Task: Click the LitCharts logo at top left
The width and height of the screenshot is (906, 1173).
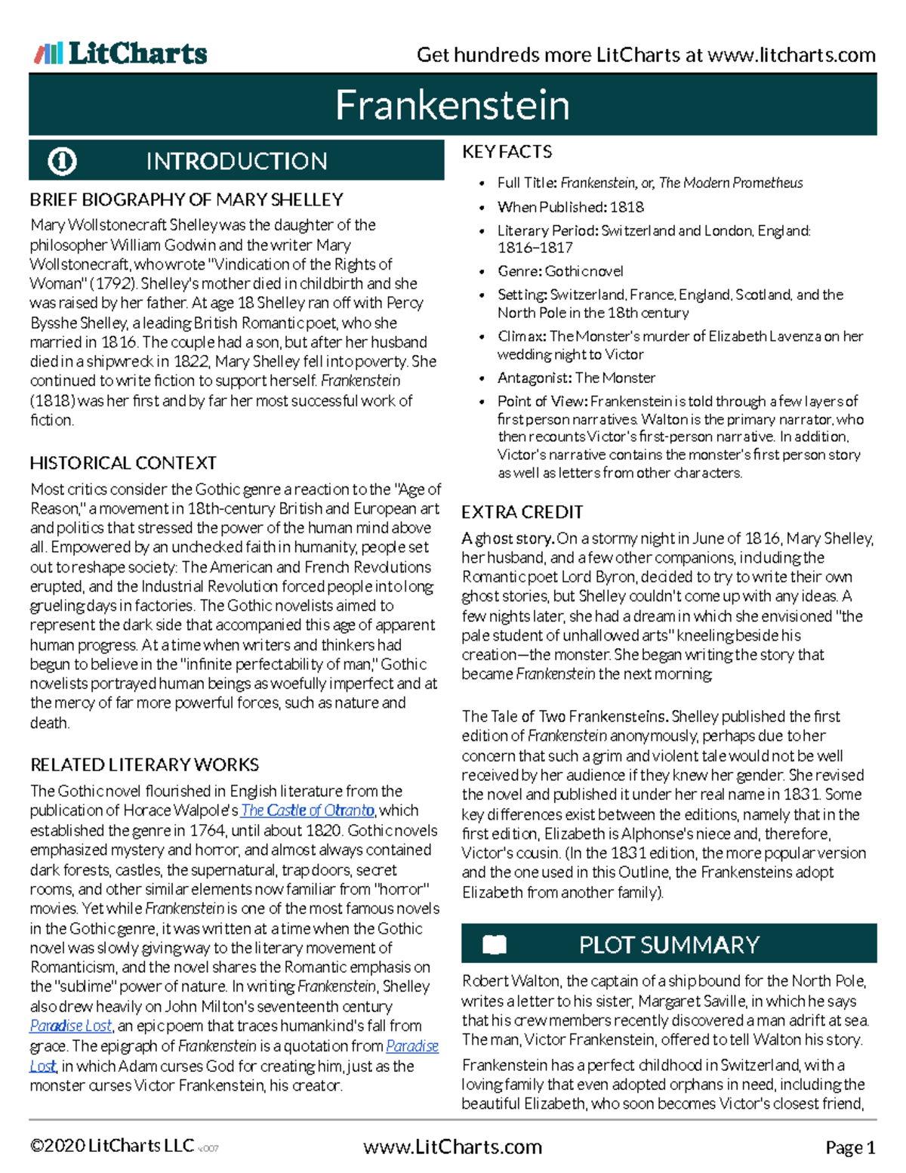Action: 121,54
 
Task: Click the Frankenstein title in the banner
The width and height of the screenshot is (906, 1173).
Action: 452,105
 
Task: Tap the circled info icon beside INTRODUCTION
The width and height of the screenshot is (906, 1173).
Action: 62,161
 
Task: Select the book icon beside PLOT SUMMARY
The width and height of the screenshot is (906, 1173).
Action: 495,945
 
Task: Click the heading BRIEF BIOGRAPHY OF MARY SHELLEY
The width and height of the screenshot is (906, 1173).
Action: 186,200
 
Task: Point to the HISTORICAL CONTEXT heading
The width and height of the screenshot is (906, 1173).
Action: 123,463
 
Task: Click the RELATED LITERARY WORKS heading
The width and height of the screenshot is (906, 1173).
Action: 144,764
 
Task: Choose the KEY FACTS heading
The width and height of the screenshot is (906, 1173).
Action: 507,152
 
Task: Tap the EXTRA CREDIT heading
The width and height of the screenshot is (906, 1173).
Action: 522,512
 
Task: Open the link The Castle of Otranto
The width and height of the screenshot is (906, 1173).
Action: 307,810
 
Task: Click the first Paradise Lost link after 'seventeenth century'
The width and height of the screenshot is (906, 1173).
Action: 71,1026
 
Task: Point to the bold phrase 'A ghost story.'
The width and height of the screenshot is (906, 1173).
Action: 508,539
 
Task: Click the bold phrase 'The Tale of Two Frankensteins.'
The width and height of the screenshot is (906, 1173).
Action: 565,716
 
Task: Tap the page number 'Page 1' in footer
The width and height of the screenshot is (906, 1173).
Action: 850,1148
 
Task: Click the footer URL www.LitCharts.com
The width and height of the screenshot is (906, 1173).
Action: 452,1147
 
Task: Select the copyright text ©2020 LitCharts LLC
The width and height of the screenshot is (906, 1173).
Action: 112,1146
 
